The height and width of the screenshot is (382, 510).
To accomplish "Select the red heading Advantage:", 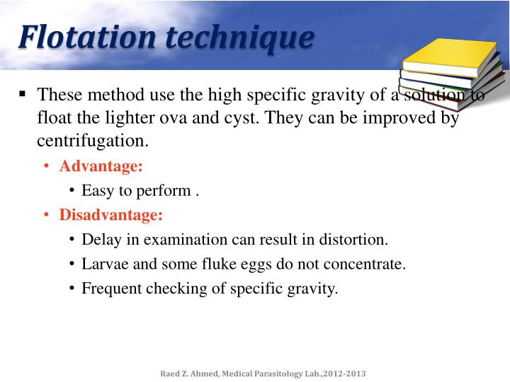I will pos(101,166).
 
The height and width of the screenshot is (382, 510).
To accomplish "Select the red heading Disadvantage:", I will pos(111,214).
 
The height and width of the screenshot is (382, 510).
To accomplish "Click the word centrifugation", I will pos(93,140).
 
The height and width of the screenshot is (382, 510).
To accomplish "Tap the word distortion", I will pos(356,239).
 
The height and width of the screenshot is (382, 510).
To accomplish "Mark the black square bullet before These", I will pos(23,93).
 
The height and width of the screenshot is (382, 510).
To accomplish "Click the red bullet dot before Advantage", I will pos(46,166).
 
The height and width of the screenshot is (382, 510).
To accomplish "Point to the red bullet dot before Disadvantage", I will pos(46,214).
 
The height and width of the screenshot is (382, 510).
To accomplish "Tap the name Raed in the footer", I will pos(168,372).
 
